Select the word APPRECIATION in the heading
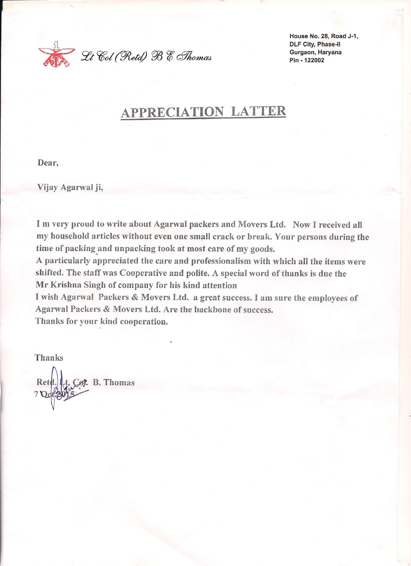pyautogui.click(x=172, y=112)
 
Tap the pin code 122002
pyautogui.click(x=314, y=60)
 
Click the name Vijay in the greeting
pyautogui.click(x=47, y=187)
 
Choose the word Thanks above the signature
pyautogui.click(x=49, y=358)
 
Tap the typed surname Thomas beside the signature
pyautogui.click(x=119, y=383)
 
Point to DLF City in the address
pyautogui.click(x=302, y=44)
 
